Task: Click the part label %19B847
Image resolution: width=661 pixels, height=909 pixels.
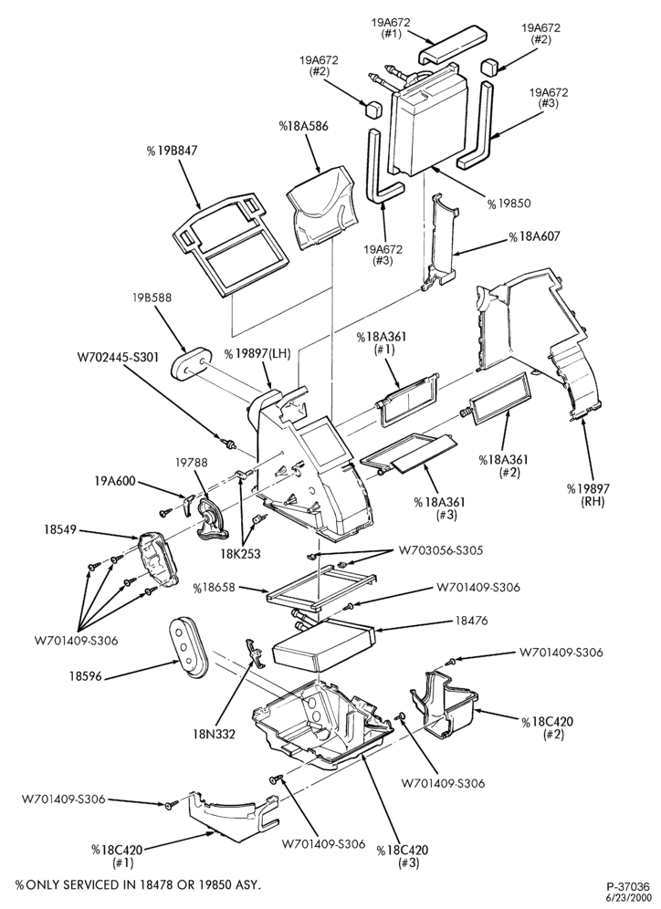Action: click(x=173, y=151)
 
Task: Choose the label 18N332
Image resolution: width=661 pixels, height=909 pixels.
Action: click(x=214, y=735)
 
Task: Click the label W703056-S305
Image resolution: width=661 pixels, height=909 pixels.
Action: click(x=440, y=549)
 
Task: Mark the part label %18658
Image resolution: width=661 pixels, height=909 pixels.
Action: click(x=215, y=587)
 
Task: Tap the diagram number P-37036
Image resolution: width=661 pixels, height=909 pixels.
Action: click(x=628, y=886)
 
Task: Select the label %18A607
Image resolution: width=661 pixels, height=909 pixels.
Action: click(x=535, y=237)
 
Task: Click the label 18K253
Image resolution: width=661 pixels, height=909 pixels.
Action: click(x=240, y=554)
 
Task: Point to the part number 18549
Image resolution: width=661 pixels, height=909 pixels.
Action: click(x=61, y=530)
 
